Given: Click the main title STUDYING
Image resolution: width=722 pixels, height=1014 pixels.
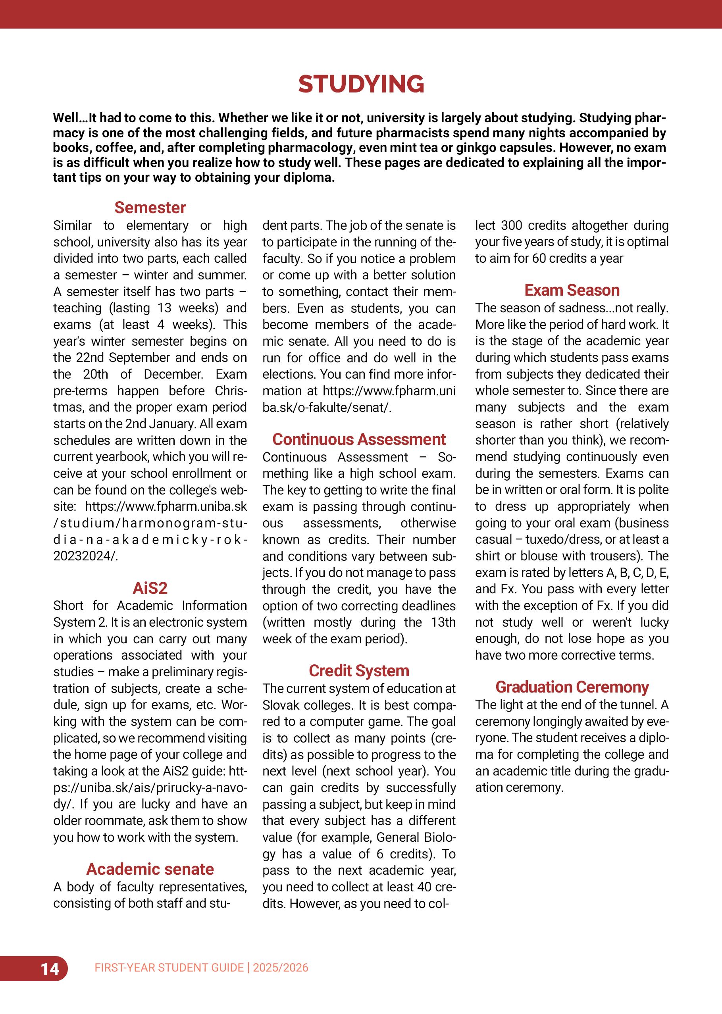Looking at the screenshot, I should (361, 84).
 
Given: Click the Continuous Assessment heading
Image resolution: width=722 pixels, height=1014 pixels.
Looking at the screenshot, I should (359, 439).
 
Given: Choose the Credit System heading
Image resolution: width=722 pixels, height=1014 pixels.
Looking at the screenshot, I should (359, 671).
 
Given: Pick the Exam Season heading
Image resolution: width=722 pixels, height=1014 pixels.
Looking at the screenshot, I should (572, 290).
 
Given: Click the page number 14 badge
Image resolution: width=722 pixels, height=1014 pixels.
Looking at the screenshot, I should (50, 968).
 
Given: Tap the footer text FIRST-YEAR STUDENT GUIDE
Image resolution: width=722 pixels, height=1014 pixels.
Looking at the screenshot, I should (169, 968).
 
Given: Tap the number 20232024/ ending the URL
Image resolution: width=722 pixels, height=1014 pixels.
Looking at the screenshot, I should (86, 556).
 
